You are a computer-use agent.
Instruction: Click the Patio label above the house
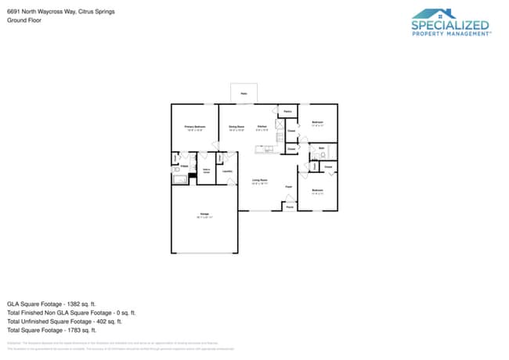coord(244,93)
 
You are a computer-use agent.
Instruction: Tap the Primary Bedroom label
coord(194,126)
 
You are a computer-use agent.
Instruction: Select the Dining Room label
coord(236,126)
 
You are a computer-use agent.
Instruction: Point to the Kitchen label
coord(262,126)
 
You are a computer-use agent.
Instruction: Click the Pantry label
coord(287,112)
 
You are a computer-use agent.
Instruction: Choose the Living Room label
coord(260,181)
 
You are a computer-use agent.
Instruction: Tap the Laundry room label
coord(227,171)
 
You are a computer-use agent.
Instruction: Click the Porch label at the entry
coord(289,207)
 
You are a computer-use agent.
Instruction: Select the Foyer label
coord(288,187)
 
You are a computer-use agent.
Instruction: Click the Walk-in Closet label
coord(207,171)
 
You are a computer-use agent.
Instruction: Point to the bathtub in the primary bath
coord(179,179)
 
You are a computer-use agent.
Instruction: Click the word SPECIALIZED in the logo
coord(452,24)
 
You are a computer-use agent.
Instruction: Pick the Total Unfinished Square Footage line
coord(64,321)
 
